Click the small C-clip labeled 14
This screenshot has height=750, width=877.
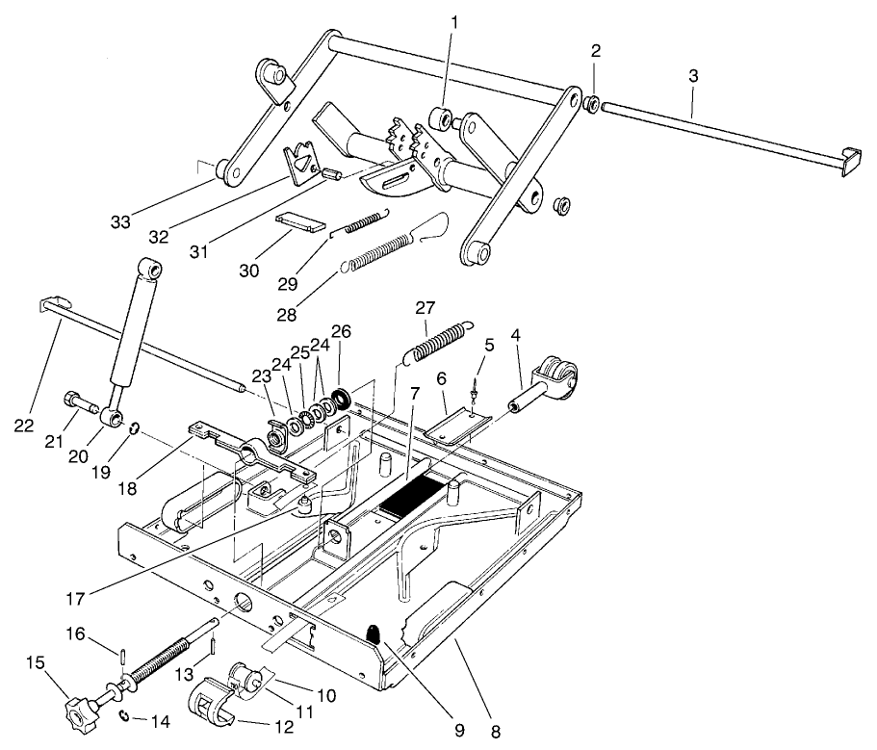click(x=125, y=714)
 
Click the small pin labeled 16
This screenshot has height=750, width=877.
click(x=127, y=656)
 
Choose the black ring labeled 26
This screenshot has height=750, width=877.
click(x=341, y=397)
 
